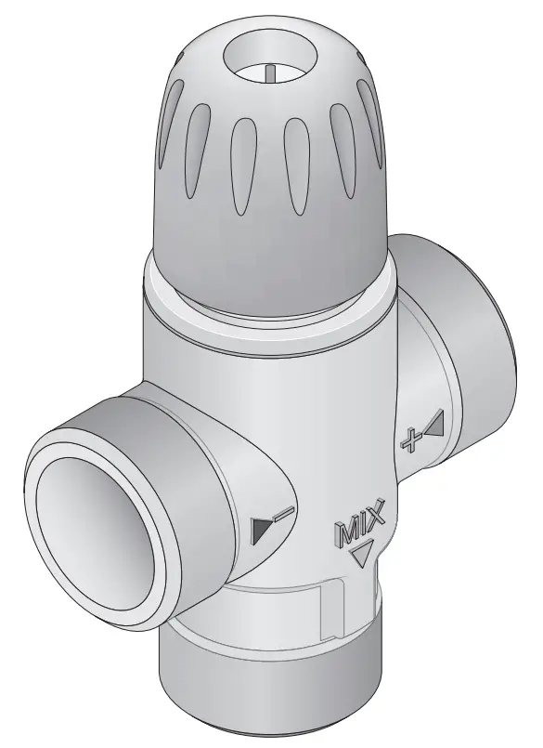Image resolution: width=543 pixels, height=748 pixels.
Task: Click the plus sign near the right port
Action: point(407,440)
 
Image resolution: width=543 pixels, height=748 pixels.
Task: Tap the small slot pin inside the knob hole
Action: point(268,74)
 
